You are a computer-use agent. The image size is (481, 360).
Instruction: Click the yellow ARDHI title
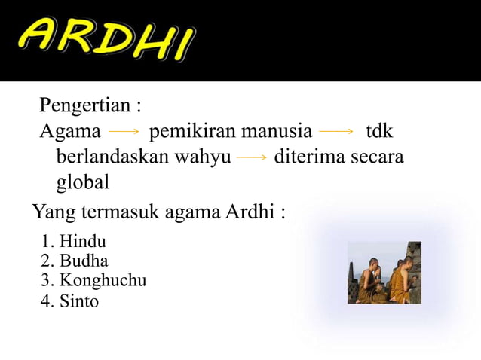(x=106, y=40)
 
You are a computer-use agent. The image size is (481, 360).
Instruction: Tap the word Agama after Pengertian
(x=70, y=132)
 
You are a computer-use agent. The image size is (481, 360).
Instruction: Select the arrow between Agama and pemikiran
(x=124, y=132)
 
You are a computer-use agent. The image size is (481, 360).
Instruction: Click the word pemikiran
(x=192, y=132)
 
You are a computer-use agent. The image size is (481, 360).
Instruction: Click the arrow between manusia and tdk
(x=336, y=132)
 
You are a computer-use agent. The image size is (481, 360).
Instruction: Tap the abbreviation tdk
(x=379, y=132)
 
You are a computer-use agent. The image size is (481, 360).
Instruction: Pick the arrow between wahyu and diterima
(x=252, y=157)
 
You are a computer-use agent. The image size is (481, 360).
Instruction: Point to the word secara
(x=376, y=157)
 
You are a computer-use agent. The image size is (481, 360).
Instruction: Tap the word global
(x=83, y=183)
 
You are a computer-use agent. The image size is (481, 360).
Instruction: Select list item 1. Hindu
(x=75, y=243)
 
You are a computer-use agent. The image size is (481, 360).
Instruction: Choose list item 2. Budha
(x=75, y=262)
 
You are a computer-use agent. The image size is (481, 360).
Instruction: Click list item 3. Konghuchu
(x=94, y=282)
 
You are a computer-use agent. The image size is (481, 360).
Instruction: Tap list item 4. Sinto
(x=71, y=301)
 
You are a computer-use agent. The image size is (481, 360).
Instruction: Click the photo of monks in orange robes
(x=384, y=272)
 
